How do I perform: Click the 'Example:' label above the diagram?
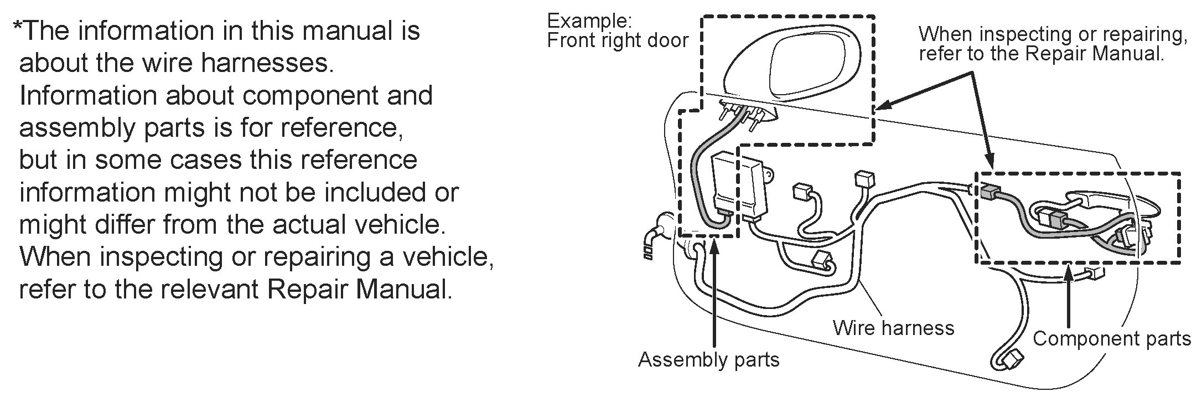589,21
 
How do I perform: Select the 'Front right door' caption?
618,40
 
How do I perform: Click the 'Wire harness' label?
893,328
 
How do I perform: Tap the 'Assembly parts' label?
708,359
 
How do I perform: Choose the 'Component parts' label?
1111,339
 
